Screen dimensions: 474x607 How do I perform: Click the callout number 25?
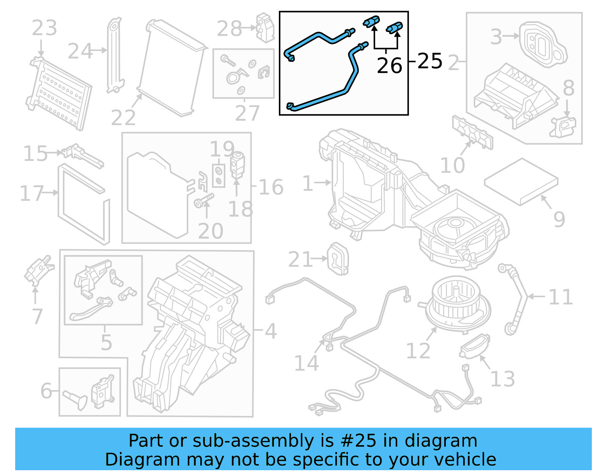point(430,61)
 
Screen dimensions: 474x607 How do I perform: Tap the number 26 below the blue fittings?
point(389,66)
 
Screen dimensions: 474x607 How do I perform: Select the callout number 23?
point(44,28)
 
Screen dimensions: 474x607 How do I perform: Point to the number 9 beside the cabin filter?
point(559,219)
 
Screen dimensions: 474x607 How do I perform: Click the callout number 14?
point(307,363)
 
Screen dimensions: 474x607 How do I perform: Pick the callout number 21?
point(300,260)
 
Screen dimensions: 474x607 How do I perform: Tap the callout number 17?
point(31,193)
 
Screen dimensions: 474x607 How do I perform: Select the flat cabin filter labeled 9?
point(521,181)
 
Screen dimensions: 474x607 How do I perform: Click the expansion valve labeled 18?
point(237,165)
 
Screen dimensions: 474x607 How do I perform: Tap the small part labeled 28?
point(265,27)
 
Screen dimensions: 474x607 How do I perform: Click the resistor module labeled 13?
point(474,346)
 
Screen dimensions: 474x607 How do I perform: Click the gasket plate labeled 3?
point(543,44)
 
